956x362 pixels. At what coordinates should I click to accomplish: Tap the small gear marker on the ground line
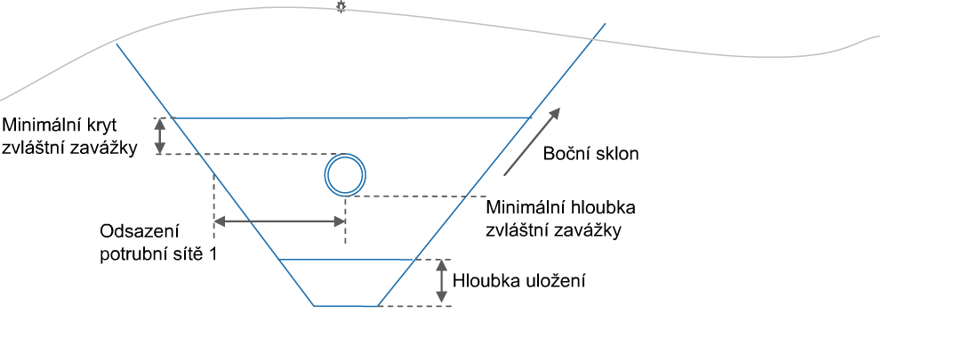pyautogui.click(x=341, y=7)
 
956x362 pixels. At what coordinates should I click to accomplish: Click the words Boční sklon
pyautogui.click(x=590, y=154)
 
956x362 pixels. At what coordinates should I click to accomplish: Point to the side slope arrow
pyautogui.click(x=531, y=142)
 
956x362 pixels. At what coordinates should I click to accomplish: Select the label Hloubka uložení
pyautogui.click(x=518, y=282)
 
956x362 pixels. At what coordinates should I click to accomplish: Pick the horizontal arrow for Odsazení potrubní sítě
pyautogui.click(x=280, y=221)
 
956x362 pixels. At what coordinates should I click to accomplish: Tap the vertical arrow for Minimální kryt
pyautogui.click(x=160, y=136)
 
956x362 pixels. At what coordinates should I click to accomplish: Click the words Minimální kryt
pyautogui.click(x=60, y=125)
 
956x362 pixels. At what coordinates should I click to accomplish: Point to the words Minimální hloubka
pyautogui.click(x=560, y=208)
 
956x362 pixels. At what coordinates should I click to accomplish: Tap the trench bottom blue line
pyautogui.click(x=345, y=305)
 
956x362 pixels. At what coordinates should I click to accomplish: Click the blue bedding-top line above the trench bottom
pyautogui.click(x=346, y=260)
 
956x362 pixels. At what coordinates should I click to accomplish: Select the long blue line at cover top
pyautogui.click(x=352, y=117)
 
